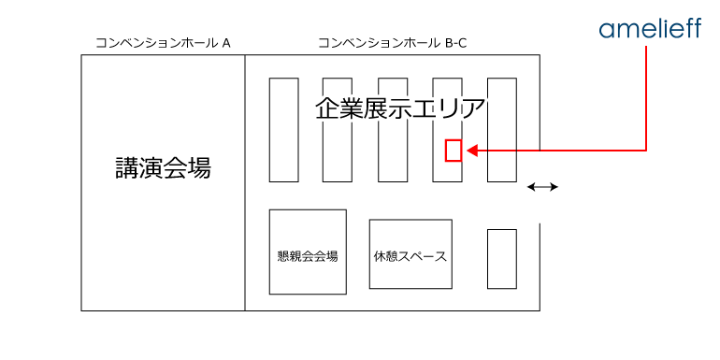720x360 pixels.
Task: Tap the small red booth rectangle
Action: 454,150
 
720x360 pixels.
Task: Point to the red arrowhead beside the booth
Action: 472,150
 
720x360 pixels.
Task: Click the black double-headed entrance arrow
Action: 542,188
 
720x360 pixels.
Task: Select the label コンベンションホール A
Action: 163,43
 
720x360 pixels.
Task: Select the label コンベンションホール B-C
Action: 392,43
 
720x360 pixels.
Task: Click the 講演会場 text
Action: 163,169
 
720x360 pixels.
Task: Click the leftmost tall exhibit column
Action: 283,130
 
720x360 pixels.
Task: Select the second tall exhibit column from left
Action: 337,130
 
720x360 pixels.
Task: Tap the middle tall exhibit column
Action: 392,130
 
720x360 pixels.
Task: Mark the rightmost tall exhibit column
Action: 502,130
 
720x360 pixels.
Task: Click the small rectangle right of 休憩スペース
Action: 502,259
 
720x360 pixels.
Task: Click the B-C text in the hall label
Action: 454,43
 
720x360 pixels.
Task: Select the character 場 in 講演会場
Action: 198,169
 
